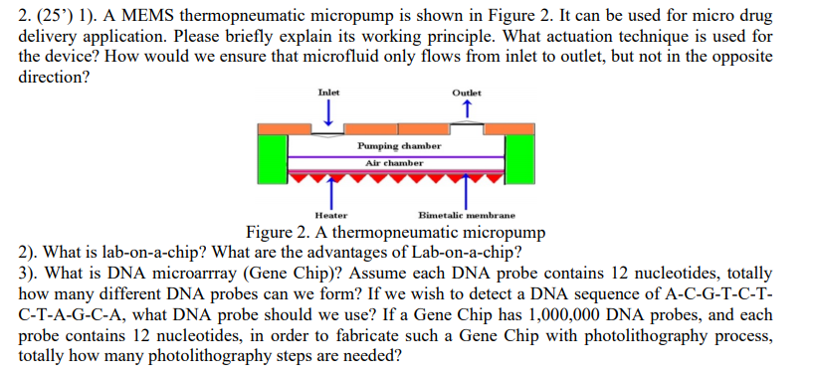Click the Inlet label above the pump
tap(327, 93)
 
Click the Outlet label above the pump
tap(466, 93)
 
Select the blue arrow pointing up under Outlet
tap(467, 109)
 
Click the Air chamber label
tap(394, 162)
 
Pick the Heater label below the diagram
tap(330, 214)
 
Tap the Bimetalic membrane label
tap(466, 214)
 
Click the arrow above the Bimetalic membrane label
tap(467, 194)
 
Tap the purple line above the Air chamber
tap(394, 155)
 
